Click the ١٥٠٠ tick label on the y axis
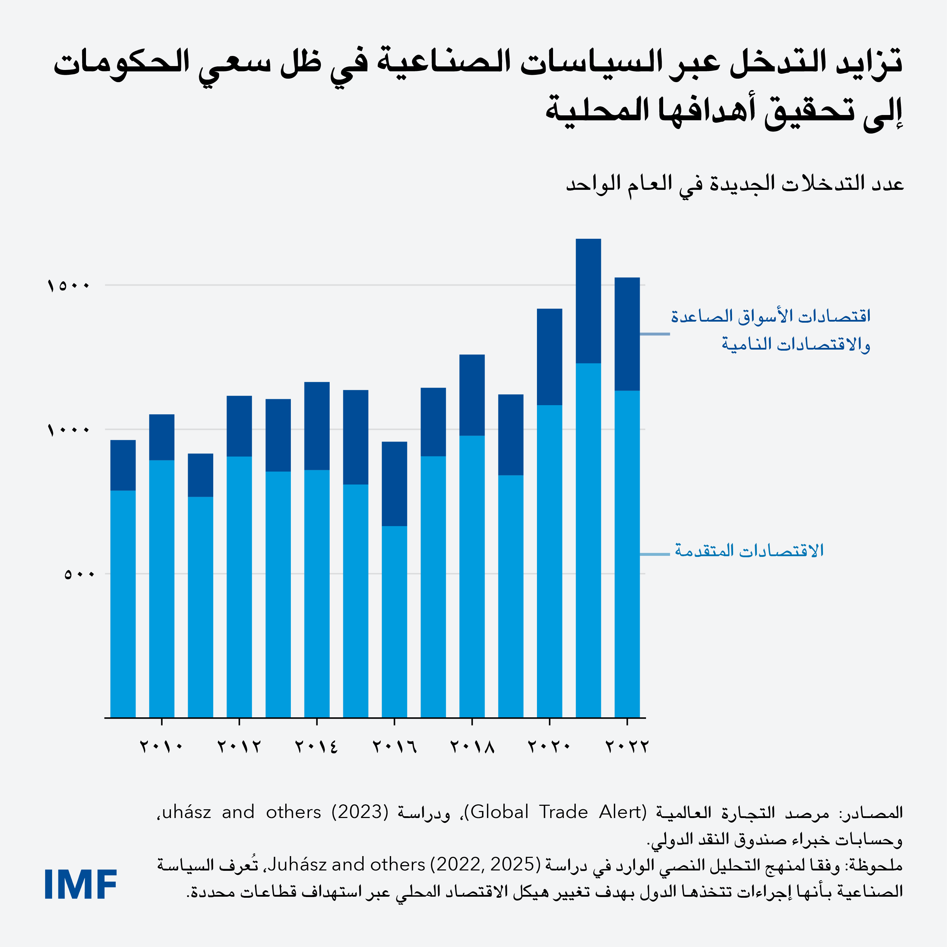pyautogui.click(x=69, y=285)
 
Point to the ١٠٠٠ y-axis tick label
pyautogui.click(x=69, y=430)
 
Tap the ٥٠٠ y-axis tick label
pyautogui.click(x=78, y=574)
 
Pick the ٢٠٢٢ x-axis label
pyautogui.click(x=627, y=747)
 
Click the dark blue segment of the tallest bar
pyautogui.click(x=588, y=301)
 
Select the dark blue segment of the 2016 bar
pyautogui.click(x=394, y=484)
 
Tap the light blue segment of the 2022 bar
pyautogui.click(x=627, y=554)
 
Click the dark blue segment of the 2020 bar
pyautogui.click(x=550, y=357)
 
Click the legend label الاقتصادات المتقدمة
pyautogui.click(x=749, y=551)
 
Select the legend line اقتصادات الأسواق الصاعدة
pyautogui.click(x=770, y=316)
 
